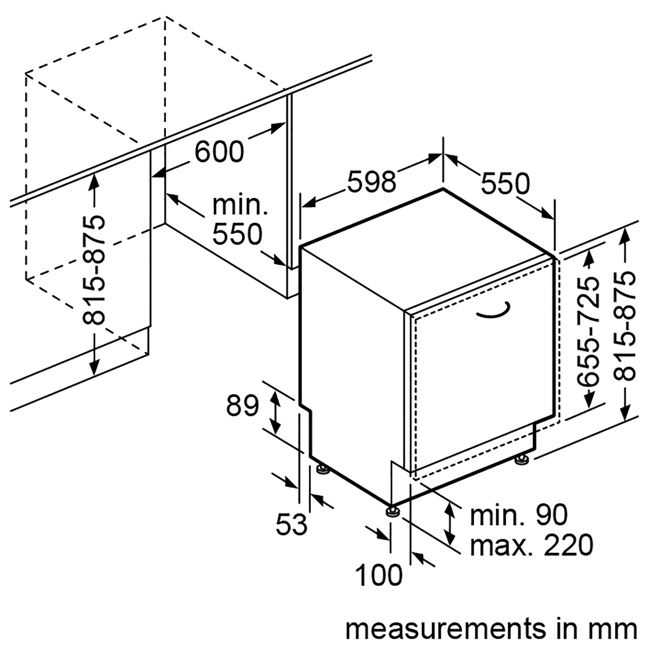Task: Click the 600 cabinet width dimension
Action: point(219,152)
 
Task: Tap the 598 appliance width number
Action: point(371,182)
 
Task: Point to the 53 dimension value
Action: point(291,524)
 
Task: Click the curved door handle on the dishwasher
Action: point(494,310)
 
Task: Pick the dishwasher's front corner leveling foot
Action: point(391,520)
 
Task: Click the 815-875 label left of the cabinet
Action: point(93,270)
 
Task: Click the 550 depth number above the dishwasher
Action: point(505,184)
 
